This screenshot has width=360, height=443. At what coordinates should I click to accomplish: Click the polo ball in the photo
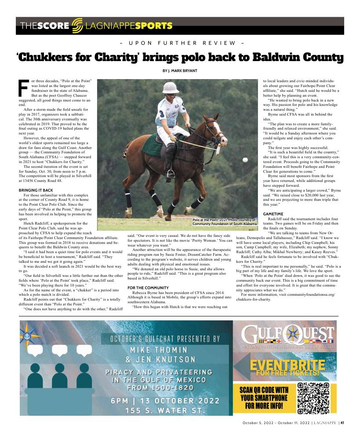pyautogui.click(x=245, y=160)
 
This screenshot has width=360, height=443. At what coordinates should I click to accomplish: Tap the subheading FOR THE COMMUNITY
pyautogui.click(x=148, y=287)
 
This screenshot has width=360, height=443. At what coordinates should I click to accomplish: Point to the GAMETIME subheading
pyautogui.click(x=273, y=214)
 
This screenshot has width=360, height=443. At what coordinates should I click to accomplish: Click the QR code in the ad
pyautogui.click(x=313, y=398)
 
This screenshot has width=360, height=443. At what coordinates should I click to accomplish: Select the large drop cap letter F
pyautogui.click(x=25, y=88)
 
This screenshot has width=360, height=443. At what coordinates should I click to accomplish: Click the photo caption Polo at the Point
pyautogui.click(x=224, y=221)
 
